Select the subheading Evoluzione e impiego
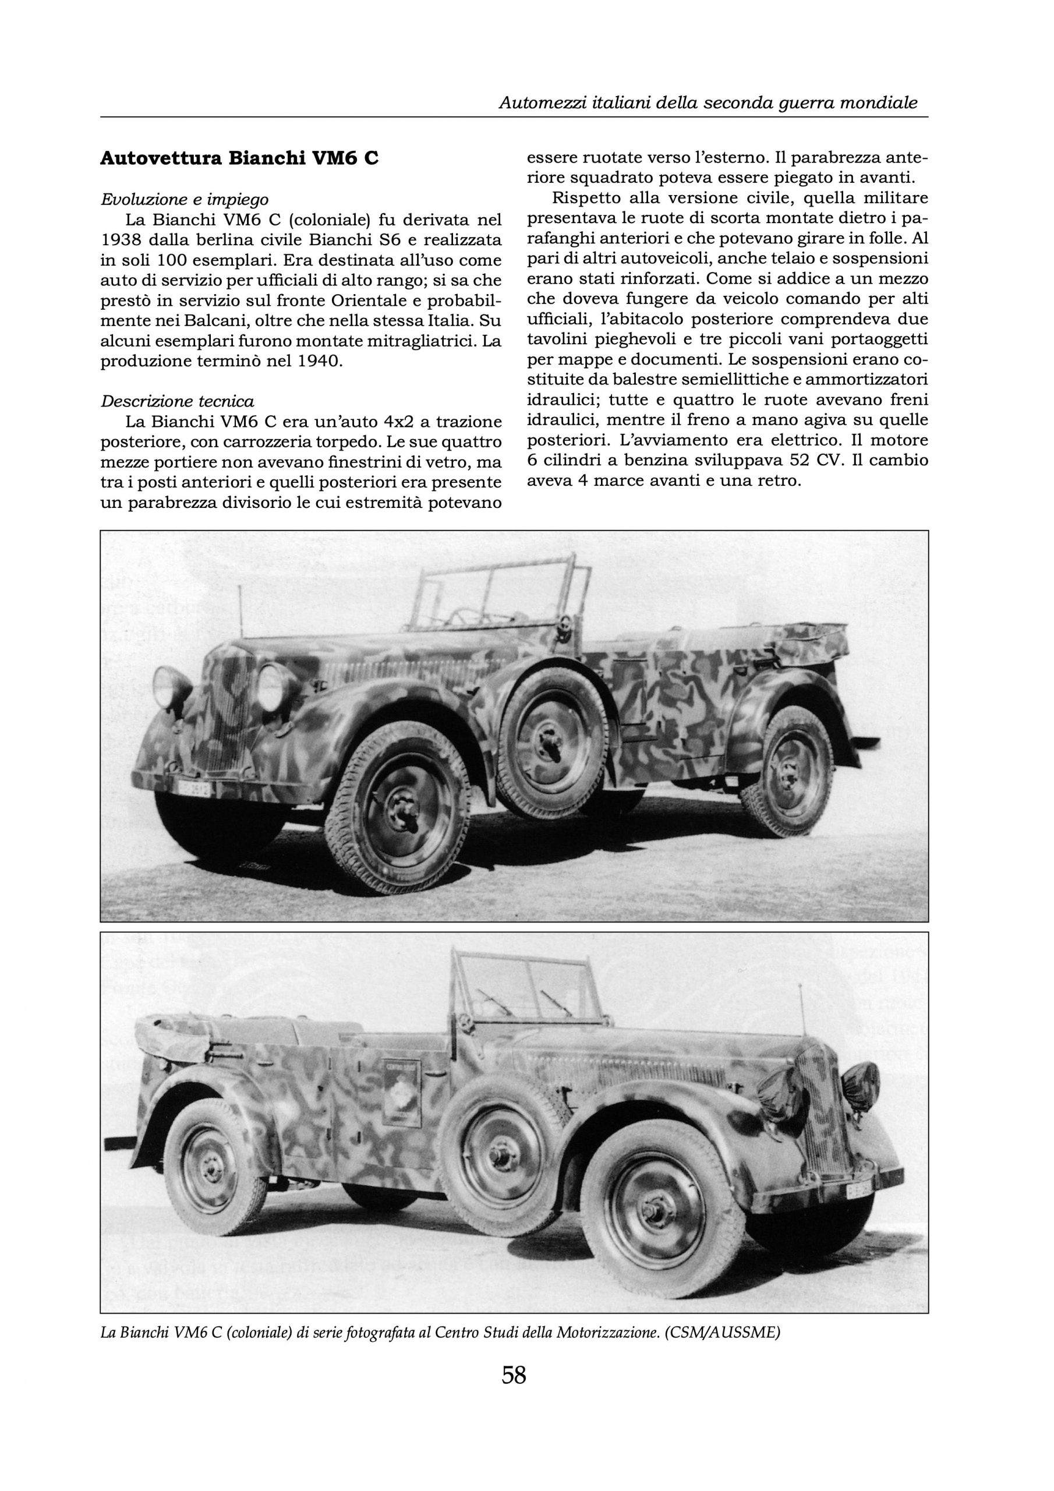185,199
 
